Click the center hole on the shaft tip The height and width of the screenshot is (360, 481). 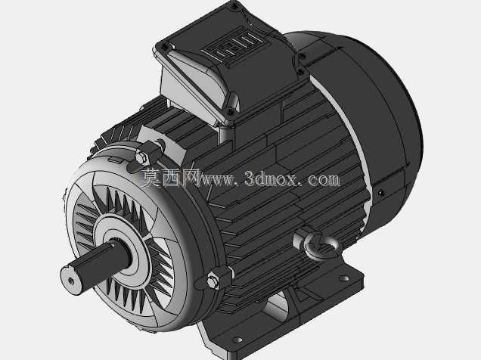[x=71, y=281]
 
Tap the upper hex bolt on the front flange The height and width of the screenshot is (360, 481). [x=141, y=158]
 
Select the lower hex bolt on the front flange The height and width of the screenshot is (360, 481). [x=213, y=281]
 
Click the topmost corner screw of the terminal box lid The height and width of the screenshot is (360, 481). [x=234, y=6]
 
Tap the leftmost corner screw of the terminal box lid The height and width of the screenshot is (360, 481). [x=166, y=47]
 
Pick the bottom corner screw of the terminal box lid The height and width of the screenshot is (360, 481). [x=230, y=112]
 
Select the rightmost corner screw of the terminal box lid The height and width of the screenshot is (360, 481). [x=302, y=57]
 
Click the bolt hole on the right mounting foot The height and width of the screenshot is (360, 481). [x=343, y=278]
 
